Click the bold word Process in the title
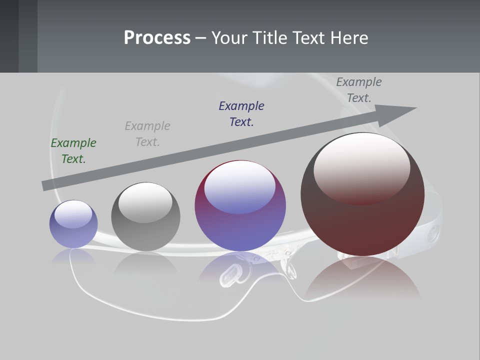pyautogui.click(x=157, y=38)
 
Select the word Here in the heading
pyautogui.click(x=349, y=38)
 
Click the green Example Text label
pyautogui.click(x=73, y=151)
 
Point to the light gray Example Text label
pyautogui.click(x=147, y=134)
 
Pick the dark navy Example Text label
pyautogui.click(x=241, y=114)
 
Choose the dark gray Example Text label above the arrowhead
pyautogui.click(x=359, y=90)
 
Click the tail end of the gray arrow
pyautogui.click(x=44, y=185)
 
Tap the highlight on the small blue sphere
pyautogui.click(x=73, y=214)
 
